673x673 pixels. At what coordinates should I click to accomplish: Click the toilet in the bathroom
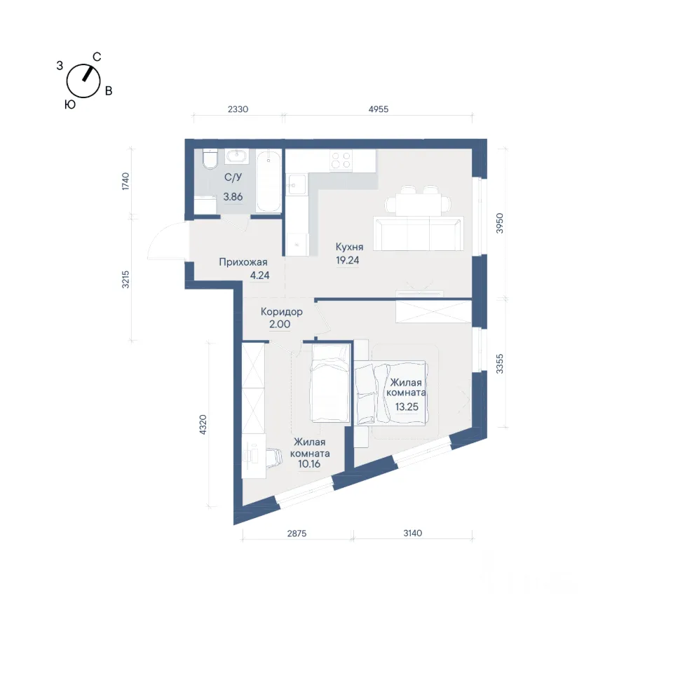pyautogui.click(x=210, y=159)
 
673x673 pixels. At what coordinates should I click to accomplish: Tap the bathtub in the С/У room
pyautogui.click(x=268, y=181)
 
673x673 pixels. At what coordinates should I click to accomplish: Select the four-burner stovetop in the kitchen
pyautogui.click(x=341, y=161)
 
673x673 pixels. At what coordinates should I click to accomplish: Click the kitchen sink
pyautogui.click(x=297, y=185)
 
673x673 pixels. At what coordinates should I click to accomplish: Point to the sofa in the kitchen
pyautogui.click(x=418, y=233)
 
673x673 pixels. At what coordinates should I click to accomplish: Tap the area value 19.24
pyautogui.click(x=348, y=260)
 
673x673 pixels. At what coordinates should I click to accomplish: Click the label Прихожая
pyautogui.click(x=243, y=261)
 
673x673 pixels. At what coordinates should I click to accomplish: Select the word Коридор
pyautogui.click(x=282, y=311)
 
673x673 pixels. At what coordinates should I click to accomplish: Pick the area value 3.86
pyautogui.click(x=233, y=196)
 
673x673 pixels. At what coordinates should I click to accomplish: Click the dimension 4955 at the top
pyautogui.click(x=378, y=109)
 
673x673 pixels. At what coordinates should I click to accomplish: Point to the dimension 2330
pyautogui.click(x=238, y=109)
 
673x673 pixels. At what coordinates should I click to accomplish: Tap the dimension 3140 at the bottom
pyautogui.click(x=412, y=533)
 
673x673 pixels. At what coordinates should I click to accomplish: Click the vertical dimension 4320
pyautogui.click(x=203, y=424)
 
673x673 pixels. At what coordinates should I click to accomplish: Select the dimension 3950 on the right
pyautogui.click(x=499, y=223)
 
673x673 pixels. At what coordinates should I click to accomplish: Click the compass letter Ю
pyautogui.click(x=70, y=104)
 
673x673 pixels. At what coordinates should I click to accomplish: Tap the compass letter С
pyautogui.click(x=97, y=57)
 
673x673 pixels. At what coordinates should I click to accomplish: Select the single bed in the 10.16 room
pyautogui.click(x=329, y=383)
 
